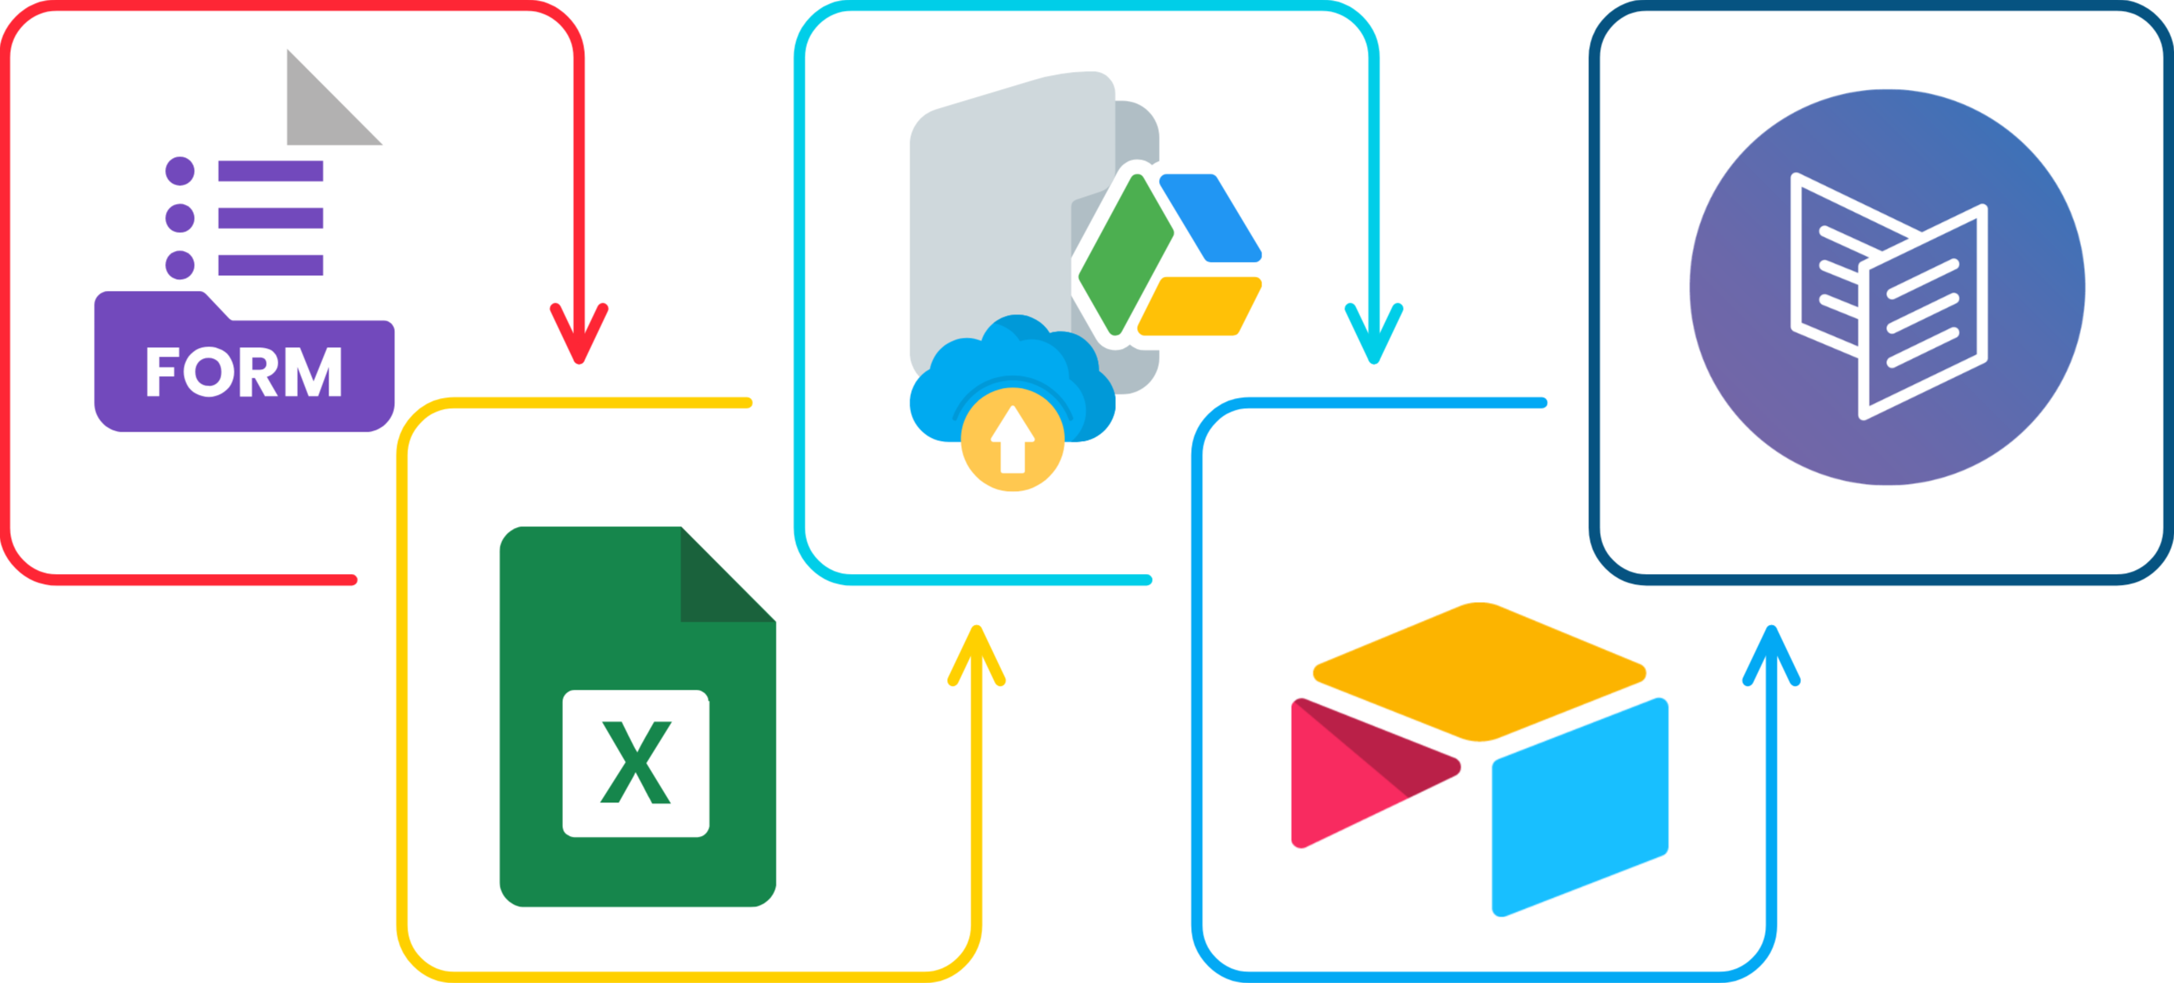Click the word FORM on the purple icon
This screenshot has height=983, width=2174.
[x=243, y=372]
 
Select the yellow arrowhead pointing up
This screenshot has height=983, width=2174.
[x=977, y=654]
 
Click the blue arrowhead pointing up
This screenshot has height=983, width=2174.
[x=1771, y=654]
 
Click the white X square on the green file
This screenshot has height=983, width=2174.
[x=636, y=762]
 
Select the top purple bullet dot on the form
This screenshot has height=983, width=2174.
[x=180, y=170]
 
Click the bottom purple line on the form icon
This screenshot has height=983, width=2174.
[x=270, y=264]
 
